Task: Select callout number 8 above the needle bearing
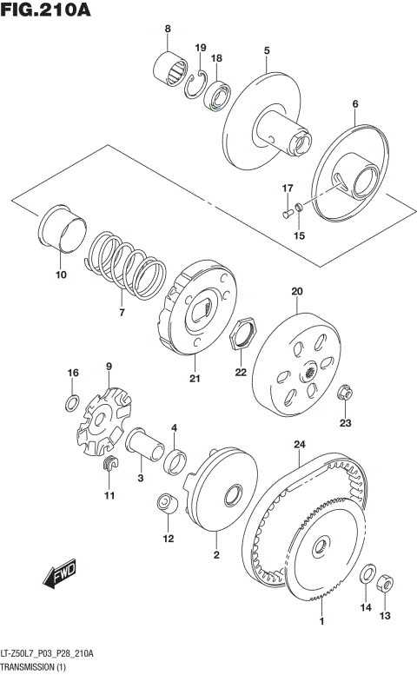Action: click(x=168, y=31)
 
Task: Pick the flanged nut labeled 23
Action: click(x=346, y=394)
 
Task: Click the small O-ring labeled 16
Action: click(x=74, y=401)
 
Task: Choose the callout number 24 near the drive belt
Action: click(x=299, y=445)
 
